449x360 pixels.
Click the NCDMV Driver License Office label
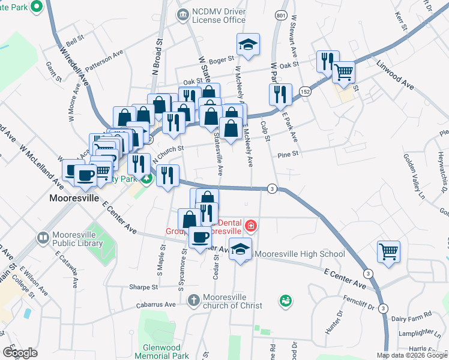tap(218, 16)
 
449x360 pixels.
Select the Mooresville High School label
tap(300, 254)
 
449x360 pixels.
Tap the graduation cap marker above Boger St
tap(247, 45)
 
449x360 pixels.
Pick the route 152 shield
tap(306, 92)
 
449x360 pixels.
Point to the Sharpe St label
tap(143, 287)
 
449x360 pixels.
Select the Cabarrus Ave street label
tap(155, 304)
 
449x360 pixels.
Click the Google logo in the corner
tap(20, 352)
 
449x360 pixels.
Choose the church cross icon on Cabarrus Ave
tap(193, 299)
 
